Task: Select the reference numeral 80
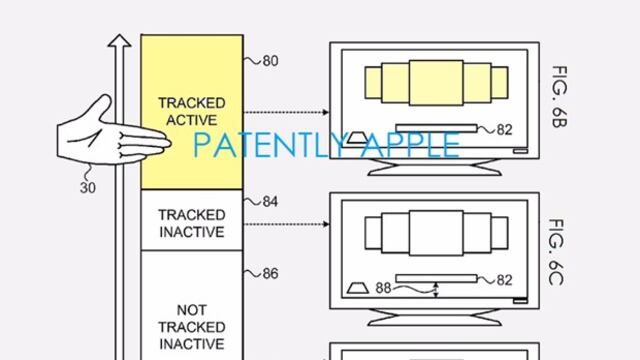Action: click(x=270, y=61)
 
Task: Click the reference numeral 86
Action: click(x=270, y=273)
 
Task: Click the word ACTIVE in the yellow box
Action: click(x=191, y=120)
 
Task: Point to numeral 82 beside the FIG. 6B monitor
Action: click(x=504, y=128)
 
